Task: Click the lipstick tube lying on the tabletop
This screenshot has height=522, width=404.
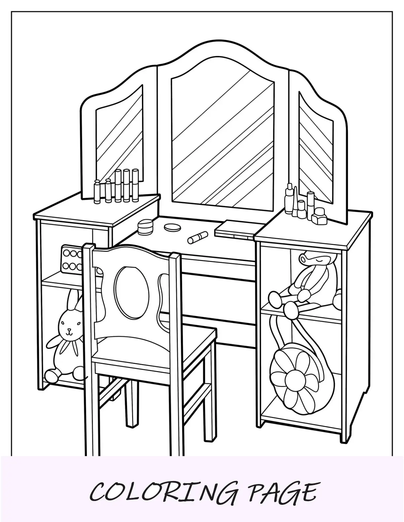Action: coord(197,237)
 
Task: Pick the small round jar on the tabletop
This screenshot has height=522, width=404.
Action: coord(145,228)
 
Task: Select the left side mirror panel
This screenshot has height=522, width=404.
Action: coord(119,138)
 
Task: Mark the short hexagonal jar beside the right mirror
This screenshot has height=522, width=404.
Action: coord(320,217)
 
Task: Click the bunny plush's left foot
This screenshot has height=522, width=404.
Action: coord(53,374)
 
